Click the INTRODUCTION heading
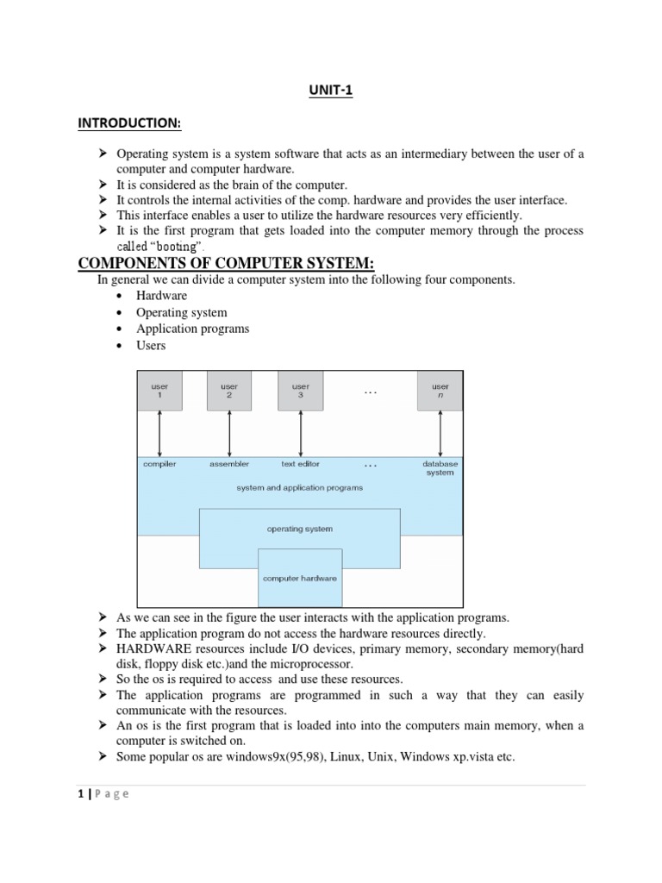tap(129, 124)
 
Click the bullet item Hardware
tap(161, 296)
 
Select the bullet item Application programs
tap(192, 329)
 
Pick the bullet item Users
tap(151, 345)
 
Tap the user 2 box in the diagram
tap(229, 391)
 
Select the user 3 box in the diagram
tap(300, 391)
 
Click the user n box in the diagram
tap(440, 391)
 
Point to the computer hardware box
tap(300, 578)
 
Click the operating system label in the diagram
tap(300, 529)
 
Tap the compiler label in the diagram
tap(159, 464)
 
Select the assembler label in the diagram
tap(229, 464)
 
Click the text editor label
tap(300, 464)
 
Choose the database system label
tap(440, 468)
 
